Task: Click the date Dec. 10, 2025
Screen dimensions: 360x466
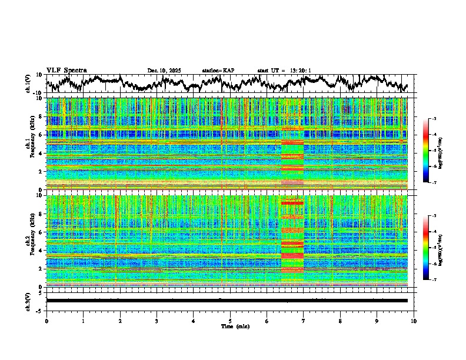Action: [164, 71]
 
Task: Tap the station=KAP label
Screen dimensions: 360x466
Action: [218, 71]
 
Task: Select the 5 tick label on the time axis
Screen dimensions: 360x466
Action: [230, 321]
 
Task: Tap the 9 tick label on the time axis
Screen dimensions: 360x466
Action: [377, 321]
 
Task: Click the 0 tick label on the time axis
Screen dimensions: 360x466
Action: [46, 321]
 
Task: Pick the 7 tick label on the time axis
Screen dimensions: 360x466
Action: [304, 321]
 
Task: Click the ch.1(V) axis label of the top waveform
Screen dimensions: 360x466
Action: [28, 84]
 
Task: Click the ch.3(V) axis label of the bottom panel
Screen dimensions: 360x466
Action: [28, 300]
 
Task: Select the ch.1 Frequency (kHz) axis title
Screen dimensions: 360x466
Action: [31, 143]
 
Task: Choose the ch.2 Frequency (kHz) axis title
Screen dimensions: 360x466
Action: [31, 241]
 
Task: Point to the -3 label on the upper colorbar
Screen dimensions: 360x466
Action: [434, 119]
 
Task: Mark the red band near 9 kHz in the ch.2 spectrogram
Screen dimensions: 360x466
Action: [292, 203]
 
